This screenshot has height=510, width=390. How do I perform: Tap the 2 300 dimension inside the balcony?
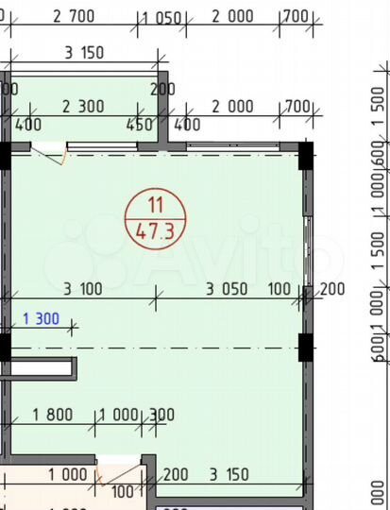point(83,107)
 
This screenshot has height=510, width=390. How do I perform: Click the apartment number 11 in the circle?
point(155,202)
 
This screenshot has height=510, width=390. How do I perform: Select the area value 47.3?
point(155,228)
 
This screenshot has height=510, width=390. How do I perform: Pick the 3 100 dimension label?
point(84,289)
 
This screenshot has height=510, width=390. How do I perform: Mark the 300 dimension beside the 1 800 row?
point(161,413)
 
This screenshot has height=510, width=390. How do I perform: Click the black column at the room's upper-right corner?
point(306,155)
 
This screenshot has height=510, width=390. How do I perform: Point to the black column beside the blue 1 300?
point(4,348)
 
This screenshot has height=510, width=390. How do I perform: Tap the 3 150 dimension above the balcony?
point(83,52)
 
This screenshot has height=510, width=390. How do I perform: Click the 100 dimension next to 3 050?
point(280,289)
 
